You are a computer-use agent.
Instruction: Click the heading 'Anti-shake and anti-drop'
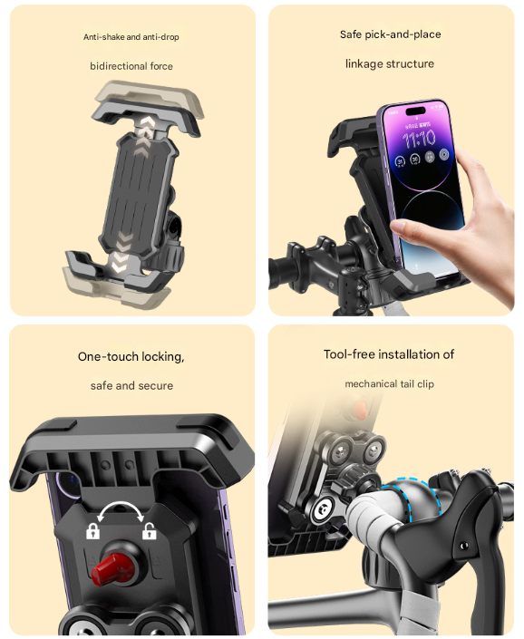coord(131,37)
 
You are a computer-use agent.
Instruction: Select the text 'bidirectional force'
coord(131,66)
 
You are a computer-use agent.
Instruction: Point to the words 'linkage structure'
coord(390,63)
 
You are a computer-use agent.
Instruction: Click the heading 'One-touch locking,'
coord(131,356)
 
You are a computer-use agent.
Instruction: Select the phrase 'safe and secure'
coord(131,385)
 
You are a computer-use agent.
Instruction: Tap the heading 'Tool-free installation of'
coord(389,354)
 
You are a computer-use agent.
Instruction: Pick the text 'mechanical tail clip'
coord(389,384)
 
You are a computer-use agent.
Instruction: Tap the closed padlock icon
coord(92,532)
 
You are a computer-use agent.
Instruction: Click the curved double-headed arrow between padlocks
coord(121,509)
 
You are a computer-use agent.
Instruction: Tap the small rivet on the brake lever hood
coord(463,547)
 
